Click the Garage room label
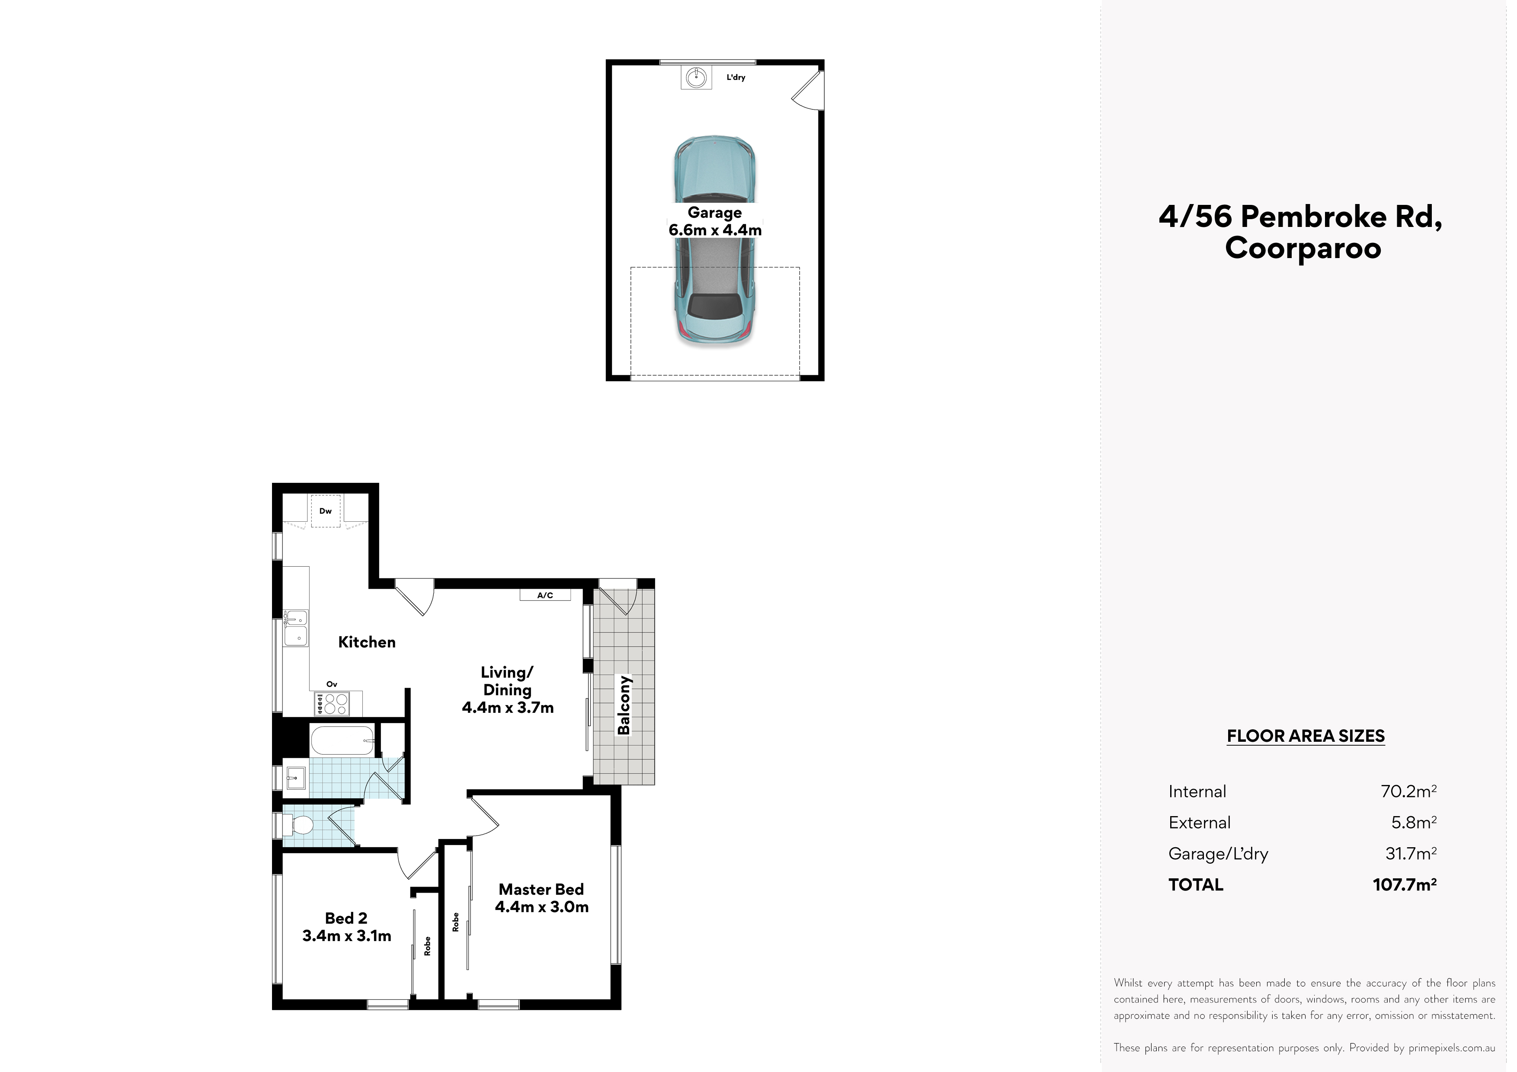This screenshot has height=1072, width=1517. (x=714, y=213)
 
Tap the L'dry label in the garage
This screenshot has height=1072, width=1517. (x=736, y=77)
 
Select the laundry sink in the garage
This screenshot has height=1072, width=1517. (x=696, y=78)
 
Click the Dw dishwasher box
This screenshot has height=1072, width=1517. (x=325, y=510)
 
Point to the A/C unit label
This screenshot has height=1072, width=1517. (x=545, y=595)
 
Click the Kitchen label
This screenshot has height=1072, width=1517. (x=367, y=642)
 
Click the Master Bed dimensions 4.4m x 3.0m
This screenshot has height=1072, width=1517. (x=542, y=907)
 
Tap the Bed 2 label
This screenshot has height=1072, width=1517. (x=346, y=918)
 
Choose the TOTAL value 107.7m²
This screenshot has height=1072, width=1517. (x=1405, y=884)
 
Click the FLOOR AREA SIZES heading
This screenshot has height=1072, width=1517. (x=1306, y=736)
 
